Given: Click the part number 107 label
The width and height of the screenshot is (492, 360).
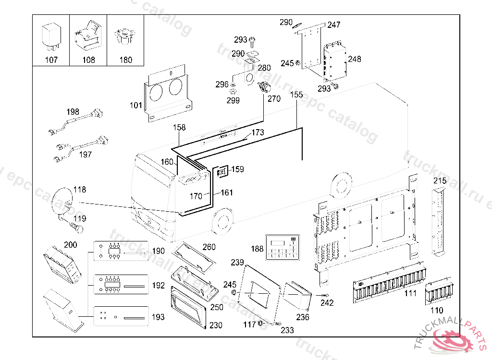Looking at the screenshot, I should click(51, 60).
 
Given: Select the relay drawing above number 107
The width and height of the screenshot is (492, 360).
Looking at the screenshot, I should click(51, 36).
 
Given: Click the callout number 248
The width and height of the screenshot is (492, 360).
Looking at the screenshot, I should click(355, 59).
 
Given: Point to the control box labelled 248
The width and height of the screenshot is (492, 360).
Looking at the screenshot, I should click(335, 61).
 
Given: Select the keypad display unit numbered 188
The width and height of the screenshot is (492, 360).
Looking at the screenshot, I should click(283, 248).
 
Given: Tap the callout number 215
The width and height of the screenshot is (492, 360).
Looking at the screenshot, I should click(440, 181).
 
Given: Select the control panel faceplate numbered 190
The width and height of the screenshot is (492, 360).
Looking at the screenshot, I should click(121, 251).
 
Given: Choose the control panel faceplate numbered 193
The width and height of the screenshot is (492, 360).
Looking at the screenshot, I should click(121, 317).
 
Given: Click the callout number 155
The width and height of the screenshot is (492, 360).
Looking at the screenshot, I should click(296, 95).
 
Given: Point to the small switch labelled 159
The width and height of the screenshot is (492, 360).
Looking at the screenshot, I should click(222, 171).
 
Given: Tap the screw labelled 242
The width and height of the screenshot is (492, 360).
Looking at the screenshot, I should click(325, 295).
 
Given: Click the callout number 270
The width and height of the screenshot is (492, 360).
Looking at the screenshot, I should click(274, 99).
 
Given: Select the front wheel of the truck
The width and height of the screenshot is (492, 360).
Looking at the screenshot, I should click(222, 219).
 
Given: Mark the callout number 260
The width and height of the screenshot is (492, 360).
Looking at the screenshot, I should click(209, 247).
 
